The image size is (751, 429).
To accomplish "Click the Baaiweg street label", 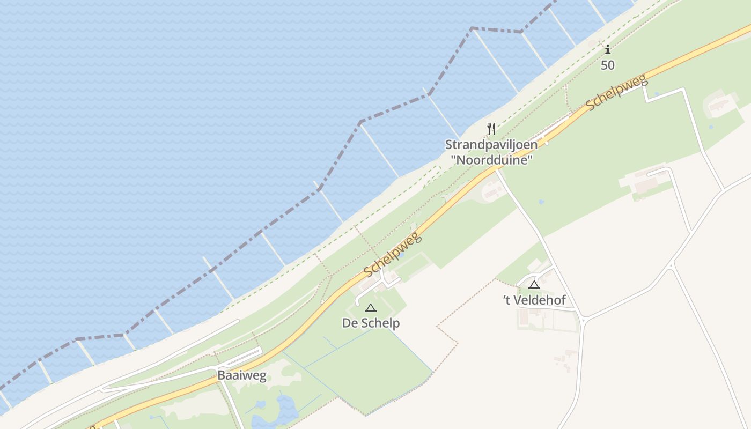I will pyautogui.click(x=241, y=375).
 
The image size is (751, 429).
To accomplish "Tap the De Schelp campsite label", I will pyautogui.click(x=371, y=323).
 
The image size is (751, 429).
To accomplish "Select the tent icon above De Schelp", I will pyautogui.click(x=370, y=308).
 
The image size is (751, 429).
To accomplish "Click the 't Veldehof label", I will pyautogui.click(x=534, y=300).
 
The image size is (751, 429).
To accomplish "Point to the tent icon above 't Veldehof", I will pyautogui.click(x=533, y=285).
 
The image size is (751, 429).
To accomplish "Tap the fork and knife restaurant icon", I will pyautogui.click(x=491, y=128).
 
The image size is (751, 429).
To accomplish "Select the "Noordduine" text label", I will pyautogui.click(x=491, y=160).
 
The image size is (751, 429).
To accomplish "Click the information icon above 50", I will pyautogui.click(x=608, y=50).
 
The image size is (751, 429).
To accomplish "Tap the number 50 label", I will pyautogui.click(x=608, y=65).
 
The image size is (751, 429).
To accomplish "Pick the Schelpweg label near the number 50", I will pyautogui.click(x=617, y=93).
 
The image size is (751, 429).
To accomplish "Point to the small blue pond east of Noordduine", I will pyautogui.click(x=541, y=202).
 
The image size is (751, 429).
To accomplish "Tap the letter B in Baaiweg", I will pyautogui.click(x=221, y=375).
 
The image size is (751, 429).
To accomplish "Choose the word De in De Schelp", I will pyautogui.click(x=350, y=323).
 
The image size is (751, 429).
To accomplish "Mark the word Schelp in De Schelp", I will pyautogui.click(x=380, y=323).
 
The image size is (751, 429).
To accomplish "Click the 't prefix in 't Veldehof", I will pyautogui.click(x=507, y=300).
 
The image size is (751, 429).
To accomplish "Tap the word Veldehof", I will pyautogui.click(x=540, y=300).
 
